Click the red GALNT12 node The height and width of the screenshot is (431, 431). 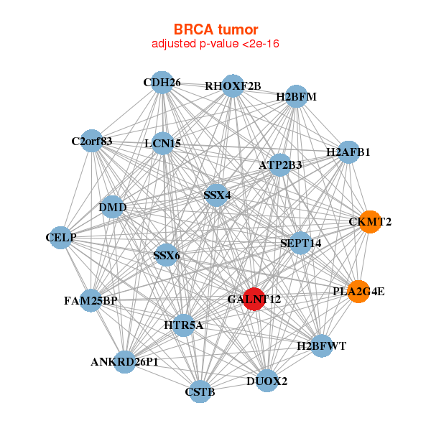pos(254,299)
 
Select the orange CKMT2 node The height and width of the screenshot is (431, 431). pos(370,222)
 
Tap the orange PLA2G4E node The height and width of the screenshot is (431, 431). pos(358,292)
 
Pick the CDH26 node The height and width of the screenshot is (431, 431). pos(162,83)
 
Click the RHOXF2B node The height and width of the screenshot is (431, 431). pos(233,85)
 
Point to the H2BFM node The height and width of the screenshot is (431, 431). pos(296,96)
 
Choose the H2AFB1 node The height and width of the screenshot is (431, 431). pos(348,152)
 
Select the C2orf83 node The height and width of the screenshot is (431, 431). pos(92,141)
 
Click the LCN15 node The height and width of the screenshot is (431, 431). pos(163,143)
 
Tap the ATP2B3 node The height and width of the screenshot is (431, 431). pos(280,165)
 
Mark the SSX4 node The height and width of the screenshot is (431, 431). pos(217,195)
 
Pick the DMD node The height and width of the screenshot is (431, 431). pos(113,207)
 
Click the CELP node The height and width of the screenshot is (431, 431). pos(60,238)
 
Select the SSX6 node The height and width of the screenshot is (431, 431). pos(167,255)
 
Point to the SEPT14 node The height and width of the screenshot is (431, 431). pos(300,243)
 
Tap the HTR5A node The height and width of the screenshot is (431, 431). pos(183,325)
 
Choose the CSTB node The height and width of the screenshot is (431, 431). pos(200,391)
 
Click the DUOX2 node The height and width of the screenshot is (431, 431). pos(267,381)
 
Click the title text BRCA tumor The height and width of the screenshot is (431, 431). pos(215,29)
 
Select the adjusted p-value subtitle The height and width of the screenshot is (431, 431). pos(215,44)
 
